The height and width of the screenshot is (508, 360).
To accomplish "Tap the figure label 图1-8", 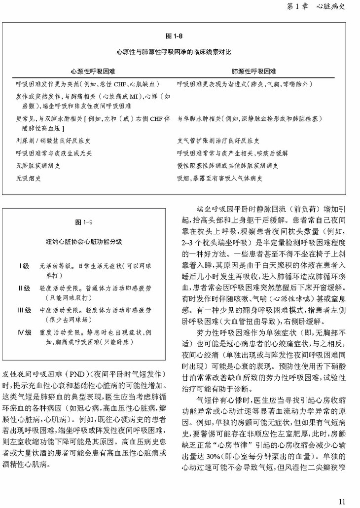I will pyautogui.click(x=175, y=36).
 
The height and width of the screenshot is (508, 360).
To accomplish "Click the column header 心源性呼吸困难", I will pyautogui.click(x=90, y=72).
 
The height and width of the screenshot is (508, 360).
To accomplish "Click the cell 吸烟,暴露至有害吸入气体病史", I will pyautogui.click(x=220, y=179).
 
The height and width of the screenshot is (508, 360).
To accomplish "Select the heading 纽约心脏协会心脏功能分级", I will pyautogui.click(x=84, y=242).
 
